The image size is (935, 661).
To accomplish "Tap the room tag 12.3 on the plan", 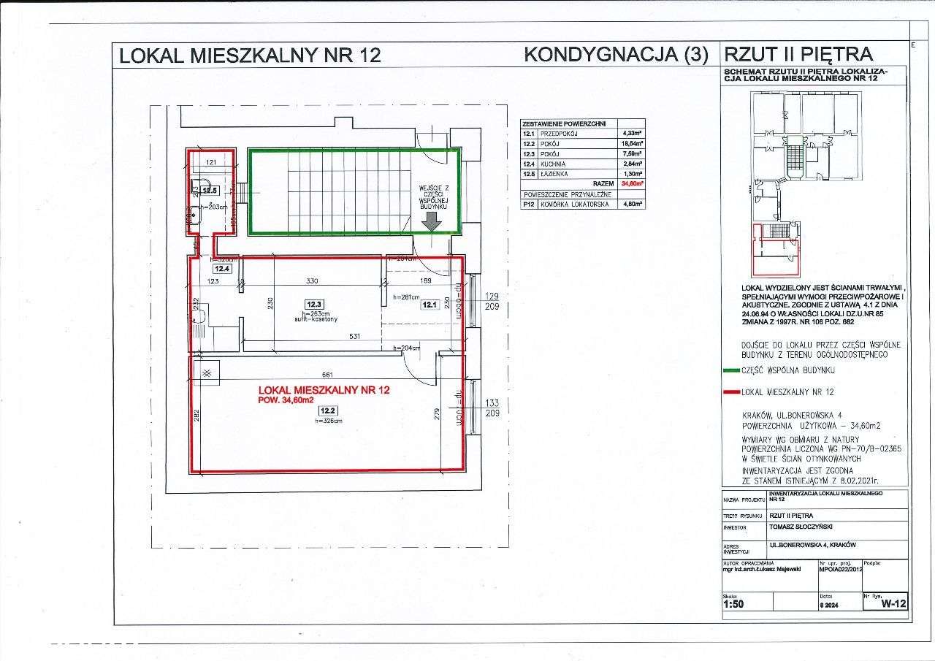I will [314, 304].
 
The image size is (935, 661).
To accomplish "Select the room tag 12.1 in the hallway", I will [428, 305].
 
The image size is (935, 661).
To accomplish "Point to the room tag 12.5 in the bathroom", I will [210, 191].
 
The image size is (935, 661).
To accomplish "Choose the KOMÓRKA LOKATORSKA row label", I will [566, 205].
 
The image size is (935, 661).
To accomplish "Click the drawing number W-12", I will [893, 604].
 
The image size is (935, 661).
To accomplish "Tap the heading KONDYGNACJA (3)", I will [615, 55].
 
